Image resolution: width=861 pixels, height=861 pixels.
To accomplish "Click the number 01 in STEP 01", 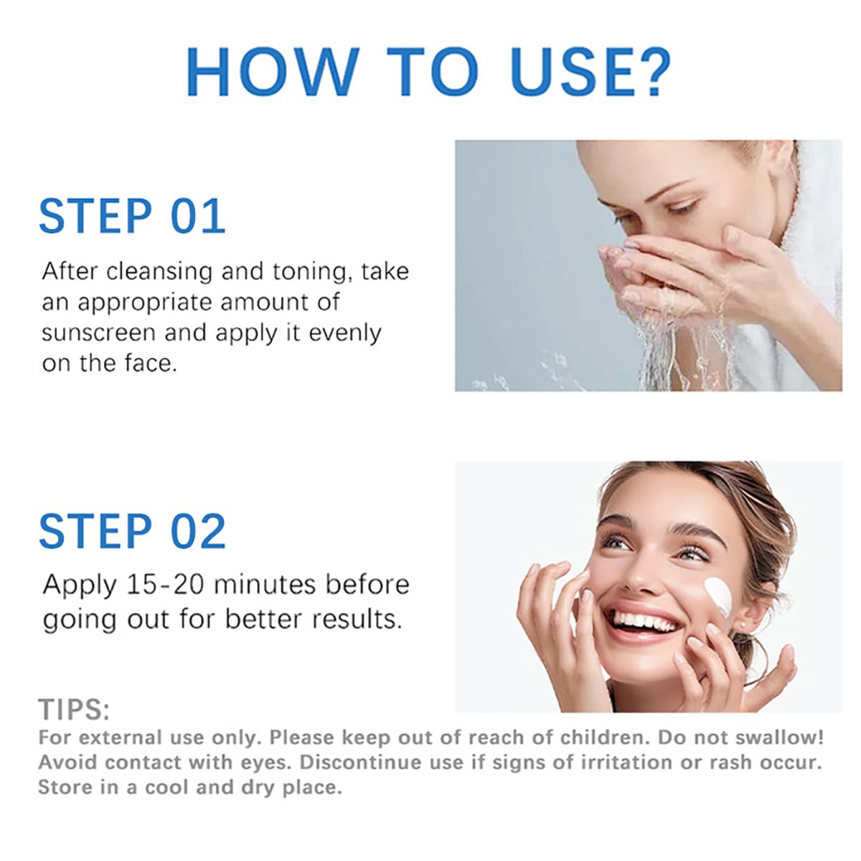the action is click(x=198, y=216).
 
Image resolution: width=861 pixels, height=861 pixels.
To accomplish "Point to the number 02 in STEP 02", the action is click(x=199, y=531).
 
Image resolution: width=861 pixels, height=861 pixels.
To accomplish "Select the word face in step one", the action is click(x=151, y=363).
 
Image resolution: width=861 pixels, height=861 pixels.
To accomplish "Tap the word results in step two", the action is click(x=357, y=619).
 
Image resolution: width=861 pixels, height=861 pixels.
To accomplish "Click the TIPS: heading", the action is click(x=74, y=709).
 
